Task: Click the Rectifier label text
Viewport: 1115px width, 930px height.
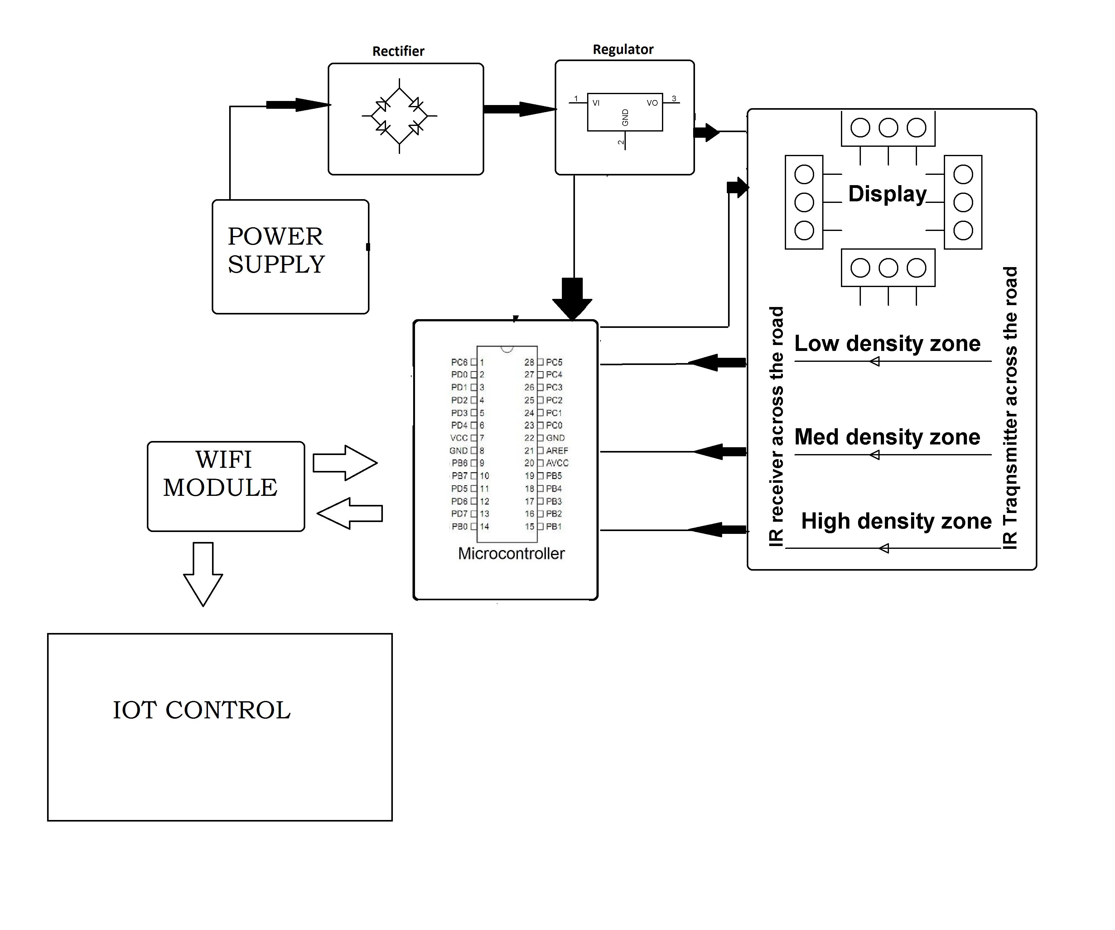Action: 398,51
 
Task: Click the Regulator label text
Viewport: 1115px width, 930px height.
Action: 623,49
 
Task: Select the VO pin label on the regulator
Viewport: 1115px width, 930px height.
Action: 652,103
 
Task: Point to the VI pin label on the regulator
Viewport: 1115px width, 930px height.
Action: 596,103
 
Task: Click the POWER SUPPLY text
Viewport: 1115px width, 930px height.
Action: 276,250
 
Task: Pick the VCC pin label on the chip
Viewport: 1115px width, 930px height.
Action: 459,438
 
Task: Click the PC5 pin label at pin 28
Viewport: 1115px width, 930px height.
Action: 554,362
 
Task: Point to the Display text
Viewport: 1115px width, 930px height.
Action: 887,194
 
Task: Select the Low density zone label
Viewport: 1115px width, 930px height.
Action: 887,343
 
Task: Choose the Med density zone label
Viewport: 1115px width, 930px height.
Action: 887,437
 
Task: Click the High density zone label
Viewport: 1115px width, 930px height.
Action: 896,521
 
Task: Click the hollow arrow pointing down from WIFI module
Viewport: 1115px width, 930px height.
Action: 203,574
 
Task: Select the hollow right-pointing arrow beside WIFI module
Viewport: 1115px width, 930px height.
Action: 345,463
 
